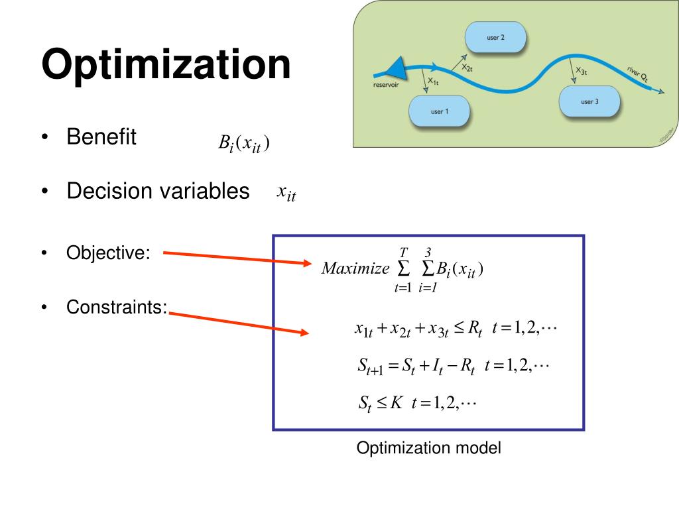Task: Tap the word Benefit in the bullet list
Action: [x=101, y=138]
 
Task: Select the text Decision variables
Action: [x=158, y=192]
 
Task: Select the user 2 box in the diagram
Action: [x=495, y=38]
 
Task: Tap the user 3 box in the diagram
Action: [x=589, y=101]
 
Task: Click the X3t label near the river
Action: [x=581, y=70]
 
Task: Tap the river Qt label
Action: [x=637, y=74]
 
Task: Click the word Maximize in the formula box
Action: [x=355, y=268]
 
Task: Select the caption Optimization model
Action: [x=429, y=448]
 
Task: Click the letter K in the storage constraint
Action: [x=397, y=402]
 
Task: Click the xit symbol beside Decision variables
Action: [x=286, y=193]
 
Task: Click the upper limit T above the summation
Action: [x=402, y=251]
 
